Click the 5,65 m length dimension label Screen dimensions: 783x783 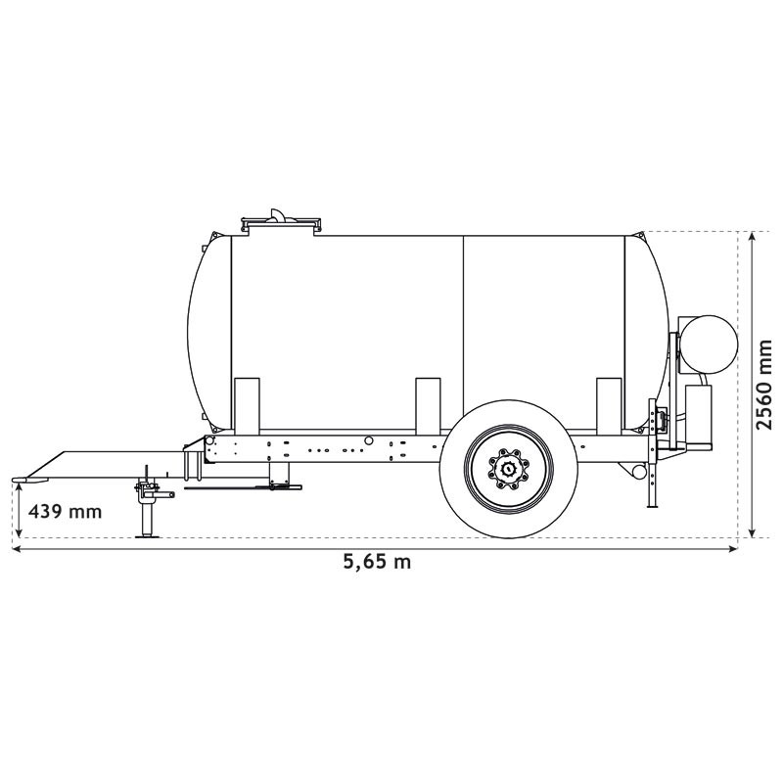377,562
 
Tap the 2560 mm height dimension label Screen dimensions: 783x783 763,385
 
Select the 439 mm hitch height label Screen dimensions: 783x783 65,512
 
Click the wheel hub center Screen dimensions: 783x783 509,469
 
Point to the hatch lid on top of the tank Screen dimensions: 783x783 280,222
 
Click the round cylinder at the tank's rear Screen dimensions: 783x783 709,345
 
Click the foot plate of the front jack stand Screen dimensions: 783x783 148,536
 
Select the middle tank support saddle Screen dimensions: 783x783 428,404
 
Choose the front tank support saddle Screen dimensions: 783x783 247,404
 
